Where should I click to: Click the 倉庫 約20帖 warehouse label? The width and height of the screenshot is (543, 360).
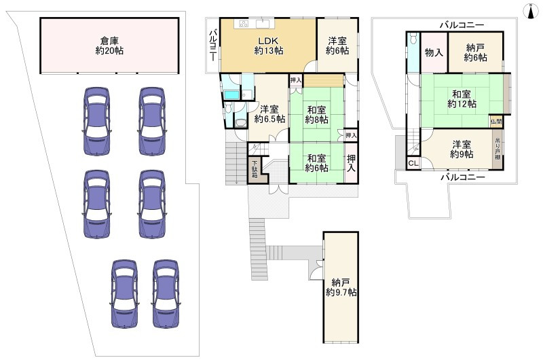click(109, 46)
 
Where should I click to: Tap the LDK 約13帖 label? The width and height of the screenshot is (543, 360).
click(269, 46)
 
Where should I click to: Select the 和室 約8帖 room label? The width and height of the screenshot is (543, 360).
click(316, 115)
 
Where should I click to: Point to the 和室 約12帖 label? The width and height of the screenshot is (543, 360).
click(462, 98)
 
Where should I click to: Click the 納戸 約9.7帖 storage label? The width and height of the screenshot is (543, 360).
click(341, 287)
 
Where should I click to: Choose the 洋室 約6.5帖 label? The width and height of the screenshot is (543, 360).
click(269, 114)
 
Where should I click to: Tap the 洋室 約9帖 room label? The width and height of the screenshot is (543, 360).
click(462, 149)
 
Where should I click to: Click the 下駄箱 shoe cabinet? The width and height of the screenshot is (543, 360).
click(255, 169)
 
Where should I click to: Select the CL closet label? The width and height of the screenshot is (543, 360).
click(413, 163)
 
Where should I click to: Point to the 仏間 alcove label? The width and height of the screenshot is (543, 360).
click(496, 122)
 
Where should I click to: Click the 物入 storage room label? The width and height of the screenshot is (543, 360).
click(434, 53)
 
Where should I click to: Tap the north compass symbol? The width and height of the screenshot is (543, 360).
click(531, 11)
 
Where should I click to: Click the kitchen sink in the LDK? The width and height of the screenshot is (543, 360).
click(265, 24)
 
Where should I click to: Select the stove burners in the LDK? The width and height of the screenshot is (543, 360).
click(244, 24)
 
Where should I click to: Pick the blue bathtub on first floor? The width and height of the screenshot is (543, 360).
click(229, 94)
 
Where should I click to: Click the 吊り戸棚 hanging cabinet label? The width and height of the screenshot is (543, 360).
click(498, 149)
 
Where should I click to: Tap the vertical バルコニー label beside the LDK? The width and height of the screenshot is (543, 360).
click(213, 46)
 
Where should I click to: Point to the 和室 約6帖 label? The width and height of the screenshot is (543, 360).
click(316, 163)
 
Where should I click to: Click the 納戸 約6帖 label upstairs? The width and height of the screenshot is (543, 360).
click(476, 53)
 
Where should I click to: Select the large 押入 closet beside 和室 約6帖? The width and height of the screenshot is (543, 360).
click(351, 163)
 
